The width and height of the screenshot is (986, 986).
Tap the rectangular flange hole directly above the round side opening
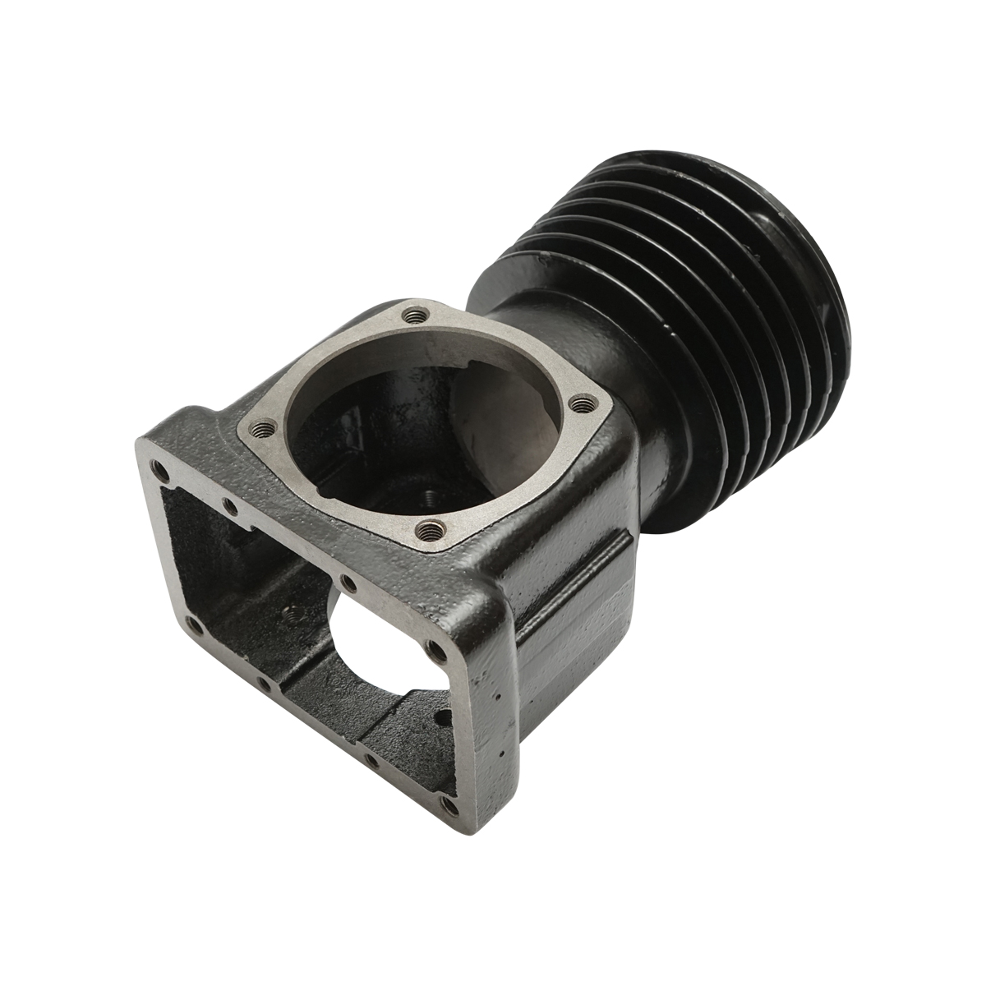348,583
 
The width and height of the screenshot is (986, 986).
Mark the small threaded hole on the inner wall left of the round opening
287,613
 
